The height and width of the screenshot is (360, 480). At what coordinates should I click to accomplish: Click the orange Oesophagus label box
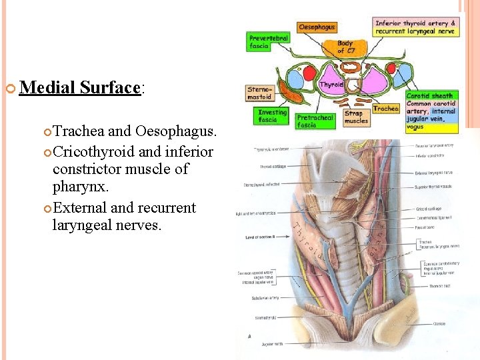[x=317, y=27]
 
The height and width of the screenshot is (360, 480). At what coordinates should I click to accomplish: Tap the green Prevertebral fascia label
[x=268, y=42]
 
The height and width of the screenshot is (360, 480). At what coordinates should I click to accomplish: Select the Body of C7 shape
[x=345, y=47]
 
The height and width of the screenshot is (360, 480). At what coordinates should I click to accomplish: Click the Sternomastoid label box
[x=259, y=93]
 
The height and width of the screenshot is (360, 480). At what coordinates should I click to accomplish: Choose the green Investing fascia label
[x=272, y=116]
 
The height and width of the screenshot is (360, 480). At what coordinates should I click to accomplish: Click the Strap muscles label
[x=356, y=117]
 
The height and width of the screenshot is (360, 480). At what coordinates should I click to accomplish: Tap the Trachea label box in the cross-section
[x=385, y=109]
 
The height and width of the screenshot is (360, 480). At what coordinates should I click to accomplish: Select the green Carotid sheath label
[x=431, y=96]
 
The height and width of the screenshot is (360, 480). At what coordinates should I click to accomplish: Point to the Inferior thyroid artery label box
[x=415, y=27]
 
